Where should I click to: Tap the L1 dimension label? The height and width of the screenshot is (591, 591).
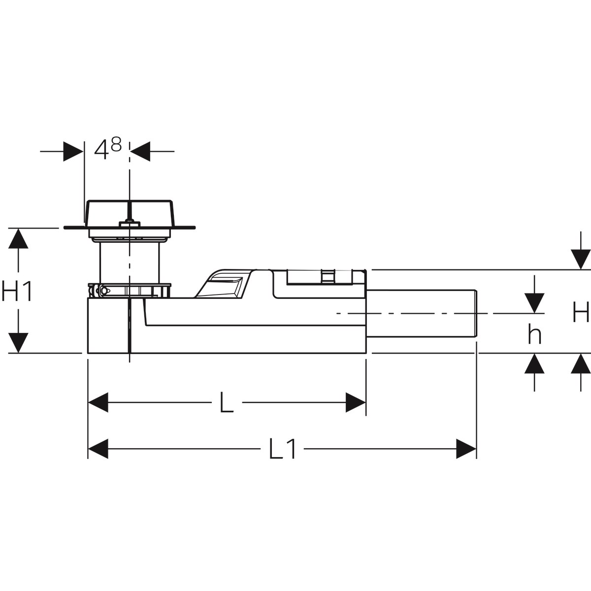pyautogui.click(x=282, y=449)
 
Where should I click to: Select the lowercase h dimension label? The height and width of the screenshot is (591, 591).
pyautogui.click(x=534, y=334)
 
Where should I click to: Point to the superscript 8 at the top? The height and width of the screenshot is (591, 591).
pyautogui.click(x=116, y=144)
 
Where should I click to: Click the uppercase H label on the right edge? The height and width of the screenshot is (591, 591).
pyautogui.click(x=581, y=312)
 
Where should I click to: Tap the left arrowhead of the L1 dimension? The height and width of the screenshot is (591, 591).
pyautogui.click(x=98, y=449)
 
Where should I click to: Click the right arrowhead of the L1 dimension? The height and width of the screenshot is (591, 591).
pyautogui.click(x=466, y=449)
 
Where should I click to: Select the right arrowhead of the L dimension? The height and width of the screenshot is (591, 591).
pyautogui.click(x=356, y=402)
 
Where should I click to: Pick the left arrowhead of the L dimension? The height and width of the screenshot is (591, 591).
pyautogui.click(x=98, y=402)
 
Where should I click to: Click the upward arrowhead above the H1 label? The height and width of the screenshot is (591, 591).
pyautogui.click(x=18, y=238)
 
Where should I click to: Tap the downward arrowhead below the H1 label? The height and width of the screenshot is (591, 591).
pyautogui.click(x=18, y=343)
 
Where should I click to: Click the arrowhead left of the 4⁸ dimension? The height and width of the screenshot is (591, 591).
pyautogui.click(x=73, y=151)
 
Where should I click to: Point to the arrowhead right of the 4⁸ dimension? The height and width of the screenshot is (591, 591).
pyautogui.click(x=140, y=151)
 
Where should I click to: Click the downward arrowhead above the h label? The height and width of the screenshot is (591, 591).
pyautogui.click(x=534, y=303)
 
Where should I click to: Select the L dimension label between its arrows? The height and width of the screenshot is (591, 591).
pyautogui.click(x=227, y=402)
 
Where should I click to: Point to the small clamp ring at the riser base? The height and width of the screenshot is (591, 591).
pyautogui.click(x=129, y=290)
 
